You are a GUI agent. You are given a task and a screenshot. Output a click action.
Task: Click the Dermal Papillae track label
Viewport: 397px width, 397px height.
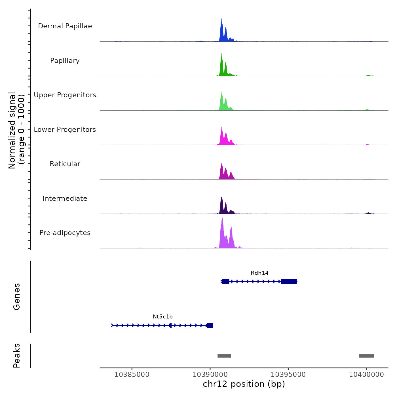(x=65, y=26)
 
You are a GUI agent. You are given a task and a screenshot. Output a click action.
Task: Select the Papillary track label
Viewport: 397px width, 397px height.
(x=65, y=61)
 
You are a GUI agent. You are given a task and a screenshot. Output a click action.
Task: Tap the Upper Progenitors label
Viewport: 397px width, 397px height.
(x=65, y=95)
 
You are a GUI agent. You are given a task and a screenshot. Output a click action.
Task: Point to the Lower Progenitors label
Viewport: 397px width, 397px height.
(x=65, y=130)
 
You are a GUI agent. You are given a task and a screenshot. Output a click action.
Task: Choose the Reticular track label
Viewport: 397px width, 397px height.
(x=65, y=164)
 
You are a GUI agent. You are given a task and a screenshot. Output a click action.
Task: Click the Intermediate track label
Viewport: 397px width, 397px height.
(x=65, y=198)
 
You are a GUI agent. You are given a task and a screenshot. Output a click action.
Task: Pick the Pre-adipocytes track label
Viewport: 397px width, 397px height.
(x=65, y=233)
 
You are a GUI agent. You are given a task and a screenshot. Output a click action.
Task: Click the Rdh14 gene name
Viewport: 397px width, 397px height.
(x=259, y=273)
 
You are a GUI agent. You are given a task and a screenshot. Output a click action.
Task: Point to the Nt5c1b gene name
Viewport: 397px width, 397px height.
(x=163, y=317)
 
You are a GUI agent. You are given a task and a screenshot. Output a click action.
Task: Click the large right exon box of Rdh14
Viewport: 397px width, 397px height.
(x=289, y=281)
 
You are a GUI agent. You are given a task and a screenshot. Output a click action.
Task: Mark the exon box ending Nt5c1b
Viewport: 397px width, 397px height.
(x=210, y=325)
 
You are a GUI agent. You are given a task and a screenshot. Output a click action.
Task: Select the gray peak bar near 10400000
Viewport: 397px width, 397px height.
(x=366, y=356)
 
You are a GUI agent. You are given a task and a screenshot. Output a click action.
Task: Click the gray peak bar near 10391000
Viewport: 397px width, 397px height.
(x=224, y=356)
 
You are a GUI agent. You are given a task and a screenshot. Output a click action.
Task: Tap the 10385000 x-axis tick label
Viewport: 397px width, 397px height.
(x=132, y=375)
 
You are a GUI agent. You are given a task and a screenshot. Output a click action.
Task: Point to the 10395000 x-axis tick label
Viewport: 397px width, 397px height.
(x=288, y=375)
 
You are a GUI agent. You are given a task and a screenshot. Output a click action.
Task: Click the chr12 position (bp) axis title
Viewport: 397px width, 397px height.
(x=244, y=384)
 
